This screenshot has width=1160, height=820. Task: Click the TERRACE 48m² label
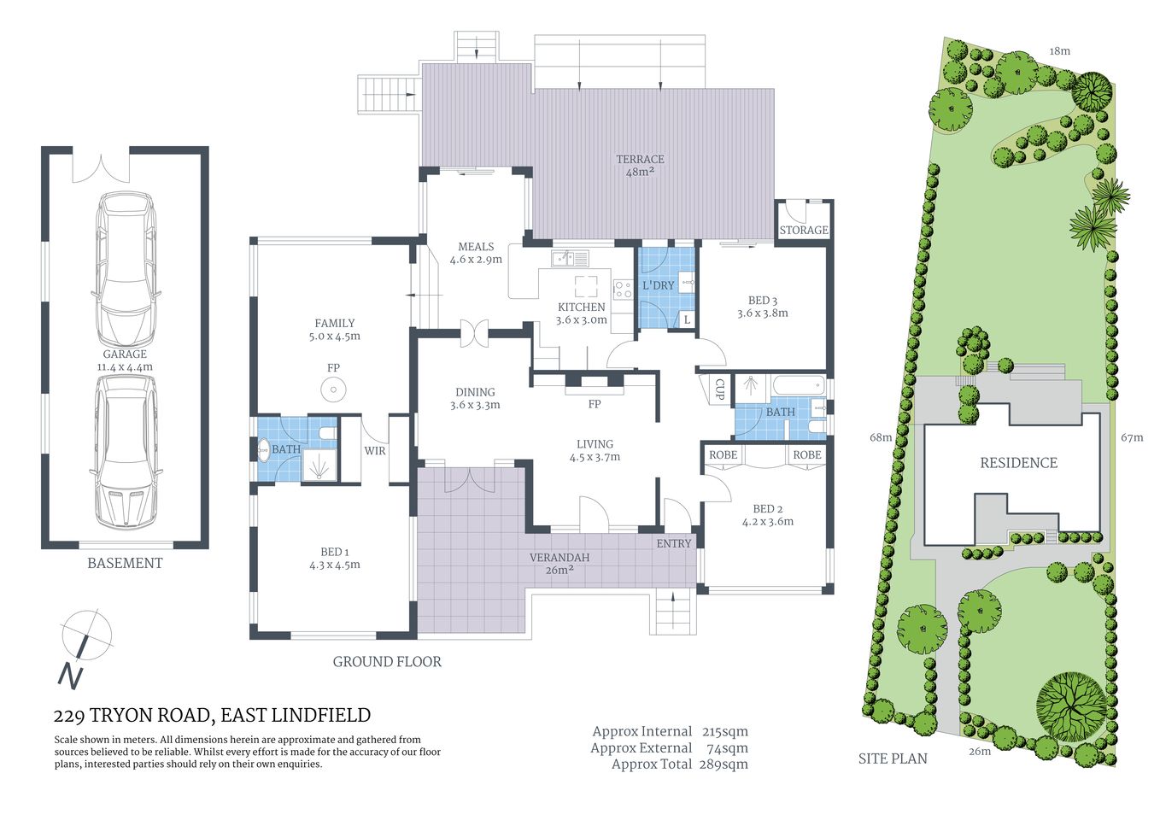click(x=640, y=166)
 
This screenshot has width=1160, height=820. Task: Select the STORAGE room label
click(x=803, y=230)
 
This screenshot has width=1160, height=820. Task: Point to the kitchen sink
click(x=569, y=257)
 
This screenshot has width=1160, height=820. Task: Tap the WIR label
click(x=375, y=451)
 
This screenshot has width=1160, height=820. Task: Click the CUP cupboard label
click(x=718, y=389)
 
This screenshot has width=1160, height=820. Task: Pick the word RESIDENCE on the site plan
click(x=1018, y=463)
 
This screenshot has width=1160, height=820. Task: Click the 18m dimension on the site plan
click(x=1059, y=51)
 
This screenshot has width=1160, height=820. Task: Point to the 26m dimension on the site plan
click(x=980, y=752)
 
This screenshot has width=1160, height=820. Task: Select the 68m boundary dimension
click(x=881, y=437)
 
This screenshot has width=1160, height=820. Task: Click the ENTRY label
click(x=674, y=543)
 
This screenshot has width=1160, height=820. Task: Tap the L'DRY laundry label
click(x=658, y=284)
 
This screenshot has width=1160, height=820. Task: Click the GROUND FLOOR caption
click(x=387, y=661)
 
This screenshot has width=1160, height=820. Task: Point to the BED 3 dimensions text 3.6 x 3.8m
click(x=763, y=313)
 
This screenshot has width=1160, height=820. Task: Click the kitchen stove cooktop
click(x=622, y=289)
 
